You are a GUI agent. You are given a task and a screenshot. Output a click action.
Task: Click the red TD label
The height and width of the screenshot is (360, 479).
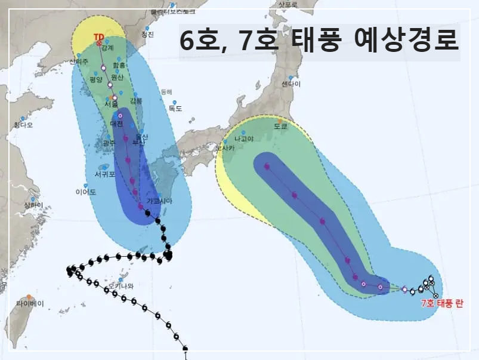99,37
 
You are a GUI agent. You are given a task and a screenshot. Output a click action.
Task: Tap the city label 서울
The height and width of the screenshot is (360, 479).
111,103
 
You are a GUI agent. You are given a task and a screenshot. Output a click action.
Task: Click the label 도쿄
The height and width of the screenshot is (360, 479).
280,127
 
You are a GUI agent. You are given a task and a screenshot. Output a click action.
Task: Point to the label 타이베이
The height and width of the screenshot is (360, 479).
30,303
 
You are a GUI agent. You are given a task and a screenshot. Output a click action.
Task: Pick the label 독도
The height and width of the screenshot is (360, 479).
175,109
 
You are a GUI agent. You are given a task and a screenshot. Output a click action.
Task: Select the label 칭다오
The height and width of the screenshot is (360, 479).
23,125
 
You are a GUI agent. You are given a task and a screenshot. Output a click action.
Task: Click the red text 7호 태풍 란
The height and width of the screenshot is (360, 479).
441,303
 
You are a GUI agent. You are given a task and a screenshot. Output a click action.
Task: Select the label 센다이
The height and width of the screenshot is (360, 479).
291,84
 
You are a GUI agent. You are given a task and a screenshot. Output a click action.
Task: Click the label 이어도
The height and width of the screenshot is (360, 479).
86,192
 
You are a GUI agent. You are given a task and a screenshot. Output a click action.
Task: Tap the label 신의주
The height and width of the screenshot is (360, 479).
79,61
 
